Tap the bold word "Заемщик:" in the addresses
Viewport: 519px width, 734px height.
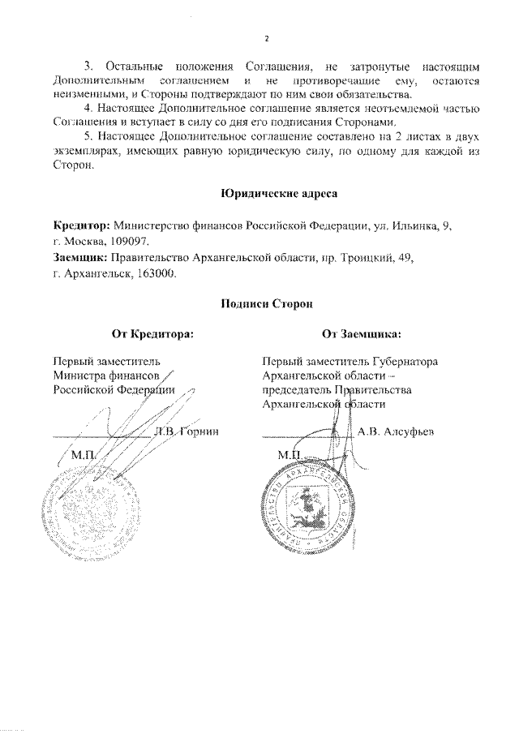(80, 257)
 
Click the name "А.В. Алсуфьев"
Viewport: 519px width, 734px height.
(397, 431)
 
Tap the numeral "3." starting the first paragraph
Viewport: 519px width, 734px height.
(89, 63)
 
